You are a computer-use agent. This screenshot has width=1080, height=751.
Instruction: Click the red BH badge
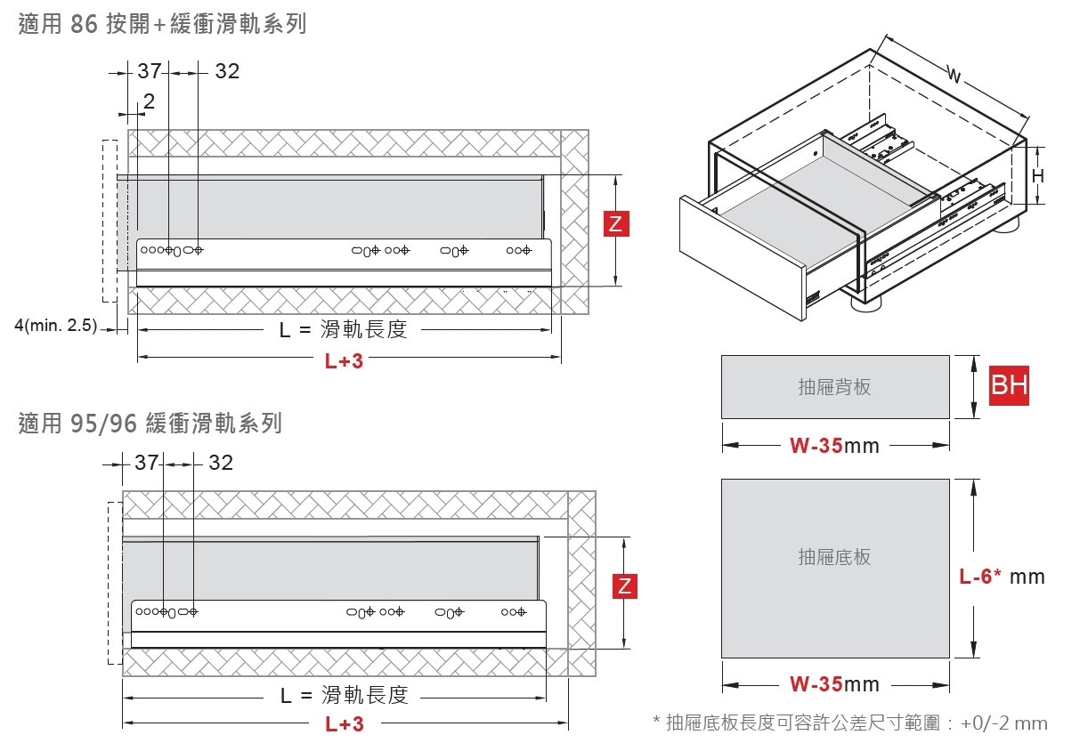[1009, 385]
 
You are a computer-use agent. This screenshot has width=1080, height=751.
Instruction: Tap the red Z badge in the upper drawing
[616, 223]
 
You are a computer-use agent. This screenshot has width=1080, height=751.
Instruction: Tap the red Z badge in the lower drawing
[624, 586]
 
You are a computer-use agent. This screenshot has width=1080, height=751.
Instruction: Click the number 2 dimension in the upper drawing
[149, 101]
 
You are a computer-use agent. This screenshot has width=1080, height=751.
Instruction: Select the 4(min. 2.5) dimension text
[56, 325]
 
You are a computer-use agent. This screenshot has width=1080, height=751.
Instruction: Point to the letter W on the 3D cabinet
[954, 75]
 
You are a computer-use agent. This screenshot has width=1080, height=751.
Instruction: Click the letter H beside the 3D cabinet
[1038, 176]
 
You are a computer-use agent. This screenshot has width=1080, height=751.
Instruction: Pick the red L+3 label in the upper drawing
[344, 360]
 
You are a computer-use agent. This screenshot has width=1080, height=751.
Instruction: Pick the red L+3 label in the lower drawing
[345, 724]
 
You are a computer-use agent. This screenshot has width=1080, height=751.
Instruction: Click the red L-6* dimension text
[980, 576]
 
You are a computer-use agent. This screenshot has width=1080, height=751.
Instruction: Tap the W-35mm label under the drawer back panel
[834, 446]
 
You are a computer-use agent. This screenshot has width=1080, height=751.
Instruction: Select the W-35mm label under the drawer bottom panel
[834, 684]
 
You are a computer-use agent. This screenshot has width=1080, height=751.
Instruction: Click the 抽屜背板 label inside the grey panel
[834, 387]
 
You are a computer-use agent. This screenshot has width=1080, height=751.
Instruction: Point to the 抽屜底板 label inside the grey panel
[834, 557]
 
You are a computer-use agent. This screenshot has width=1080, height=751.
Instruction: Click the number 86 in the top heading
[84, 24]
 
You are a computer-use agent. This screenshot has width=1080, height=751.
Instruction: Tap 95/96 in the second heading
[103, 424]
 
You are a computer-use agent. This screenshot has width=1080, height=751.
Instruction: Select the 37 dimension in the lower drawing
[147, 463]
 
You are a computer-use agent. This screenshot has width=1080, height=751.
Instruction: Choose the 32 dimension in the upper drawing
[227, 71]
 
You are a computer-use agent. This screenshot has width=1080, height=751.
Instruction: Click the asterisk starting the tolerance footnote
[656, 721]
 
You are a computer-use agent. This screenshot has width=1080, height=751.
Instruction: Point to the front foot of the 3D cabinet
[866, 302]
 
